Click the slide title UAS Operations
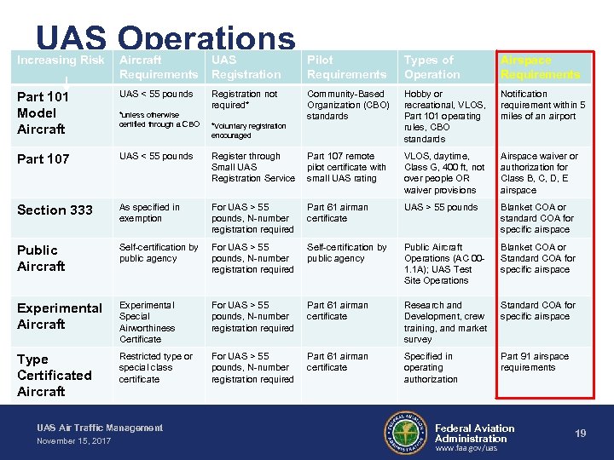click(165, 37)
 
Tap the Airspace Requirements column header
click(540, 67)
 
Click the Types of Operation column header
click(432, 67)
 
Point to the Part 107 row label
click(43, 159)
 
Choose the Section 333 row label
click(54, 210)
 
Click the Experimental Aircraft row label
click(59, 316)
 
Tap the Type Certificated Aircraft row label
click(54, 375)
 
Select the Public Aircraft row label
click(41, 258)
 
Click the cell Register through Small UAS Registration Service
click(252, 167)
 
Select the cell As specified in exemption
click(149, 213)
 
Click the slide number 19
click(581, 434)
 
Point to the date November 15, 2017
click(73, 441)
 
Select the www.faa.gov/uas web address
click(466, 448)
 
